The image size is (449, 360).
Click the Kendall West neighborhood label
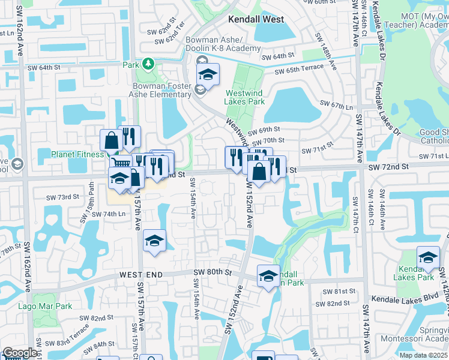(256, 19)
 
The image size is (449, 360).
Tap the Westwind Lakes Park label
(245, 97)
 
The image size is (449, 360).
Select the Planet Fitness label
(77, 154)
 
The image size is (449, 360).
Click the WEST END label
(141, 274)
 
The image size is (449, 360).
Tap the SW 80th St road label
(212, 272)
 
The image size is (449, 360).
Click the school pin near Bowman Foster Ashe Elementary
(207, 74)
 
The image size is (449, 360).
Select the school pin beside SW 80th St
(268, 275)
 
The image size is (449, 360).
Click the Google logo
(19, 353)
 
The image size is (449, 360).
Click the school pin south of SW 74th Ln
(154, 241)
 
